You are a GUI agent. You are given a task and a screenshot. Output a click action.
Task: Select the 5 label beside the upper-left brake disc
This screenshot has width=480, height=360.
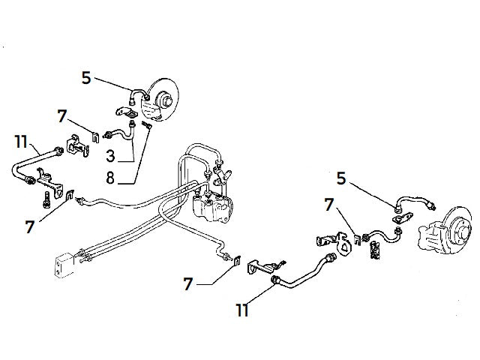tap(86, 77)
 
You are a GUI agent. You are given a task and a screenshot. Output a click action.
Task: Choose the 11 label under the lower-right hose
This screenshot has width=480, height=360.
tap(241, 309)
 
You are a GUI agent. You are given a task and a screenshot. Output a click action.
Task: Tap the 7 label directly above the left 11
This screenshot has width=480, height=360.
tap(63, 117)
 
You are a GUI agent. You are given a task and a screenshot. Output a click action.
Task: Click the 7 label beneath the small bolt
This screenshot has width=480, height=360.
tap(30, 226)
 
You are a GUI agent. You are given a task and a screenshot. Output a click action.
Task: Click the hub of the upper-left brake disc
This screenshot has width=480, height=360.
tap(163, 97)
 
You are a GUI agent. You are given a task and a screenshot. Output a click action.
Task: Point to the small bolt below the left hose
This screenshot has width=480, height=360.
tap(45, 201)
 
